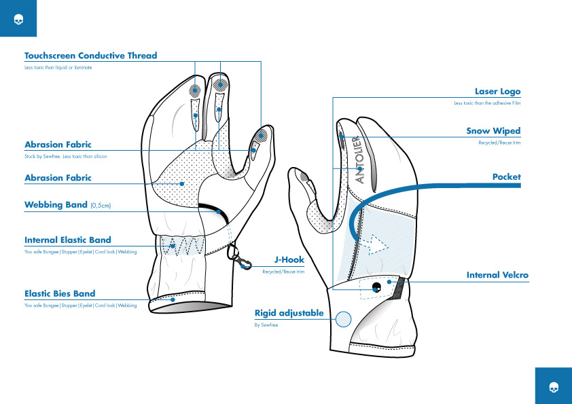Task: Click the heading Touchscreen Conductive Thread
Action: click(90, 56)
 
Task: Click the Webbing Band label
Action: click(56, 204)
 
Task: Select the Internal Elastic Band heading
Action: click(67, 240)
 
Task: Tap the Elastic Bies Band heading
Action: click(60, 293)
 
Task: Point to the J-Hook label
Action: click(289, 259)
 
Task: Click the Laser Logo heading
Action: click(497, 91)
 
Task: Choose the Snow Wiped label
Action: click(493, 131)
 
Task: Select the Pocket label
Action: click(506, 177)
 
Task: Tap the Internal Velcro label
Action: click(497, 275)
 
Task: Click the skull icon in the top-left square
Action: click(18, 18)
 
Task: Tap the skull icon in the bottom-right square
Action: click(554, 386)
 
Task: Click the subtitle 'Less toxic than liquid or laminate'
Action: click(58, 68)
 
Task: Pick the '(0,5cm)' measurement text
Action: click(101, 205)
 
